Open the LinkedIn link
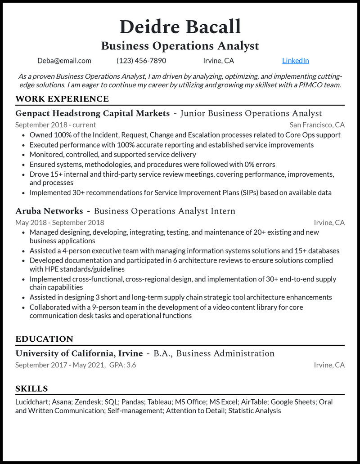(295, 61)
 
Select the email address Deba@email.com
(64, 61)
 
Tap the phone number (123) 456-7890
(141, 61)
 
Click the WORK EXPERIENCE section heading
(62, 99)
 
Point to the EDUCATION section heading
(44, 339)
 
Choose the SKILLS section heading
(31, 388)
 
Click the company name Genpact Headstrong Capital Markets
(92, 113)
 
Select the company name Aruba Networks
(49, 211)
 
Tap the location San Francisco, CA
(317, 125)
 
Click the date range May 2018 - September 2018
(59, 223)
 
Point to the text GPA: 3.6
(122, 365)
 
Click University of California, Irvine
(79, 353)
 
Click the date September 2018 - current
(55, 125)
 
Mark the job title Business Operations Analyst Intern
(164, 211)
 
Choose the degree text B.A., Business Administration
(214, 353)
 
